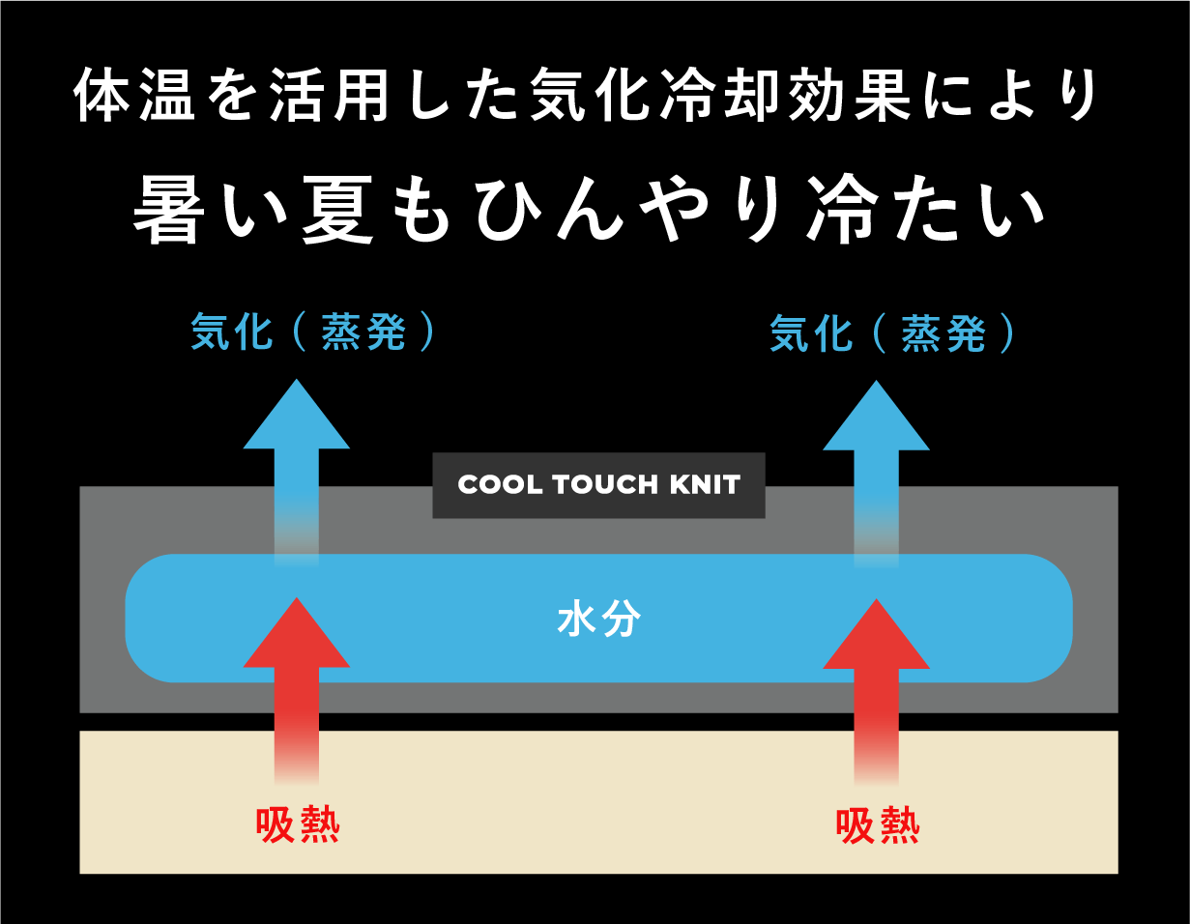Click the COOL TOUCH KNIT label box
[598, 485]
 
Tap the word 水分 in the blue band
[599, 620]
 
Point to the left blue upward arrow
[296, 454]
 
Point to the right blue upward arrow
[876, 454]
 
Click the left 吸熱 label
[298, 824]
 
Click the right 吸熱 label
[878, 826]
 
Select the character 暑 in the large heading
[166, 212]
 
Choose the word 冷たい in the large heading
[933, 212]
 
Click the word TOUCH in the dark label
[598, 485]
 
